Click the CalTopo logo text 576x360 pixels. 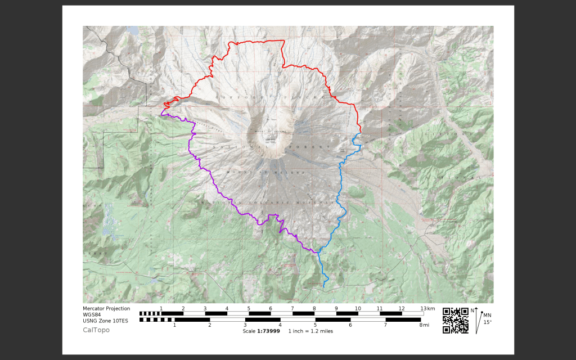click(96, 330)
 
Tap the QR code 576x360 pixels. click(455, 321)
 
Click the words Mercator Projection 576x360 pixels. click(106, 309)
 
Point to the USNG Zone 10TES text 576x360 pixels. click(105, 321)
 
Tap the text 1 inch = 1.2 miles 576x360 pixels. click(310, 331)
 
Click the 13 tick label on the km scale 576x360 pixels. click(424, 308)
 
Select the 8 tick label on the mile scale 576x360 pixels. click(420, 325)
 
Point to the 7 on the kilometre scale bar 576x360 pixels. click(292, 308)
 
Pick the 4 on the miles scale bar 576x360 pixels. click(280, 325)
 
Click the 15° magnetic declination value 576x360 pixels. click(487, 322)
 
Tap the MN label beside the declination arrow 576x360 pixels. click(487, 316)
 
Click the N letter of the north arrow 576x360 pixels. click(472, 310)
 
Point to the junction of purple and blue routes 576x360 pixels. click(316, 252)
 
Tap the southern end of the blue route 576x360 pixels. click(324, 287)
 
